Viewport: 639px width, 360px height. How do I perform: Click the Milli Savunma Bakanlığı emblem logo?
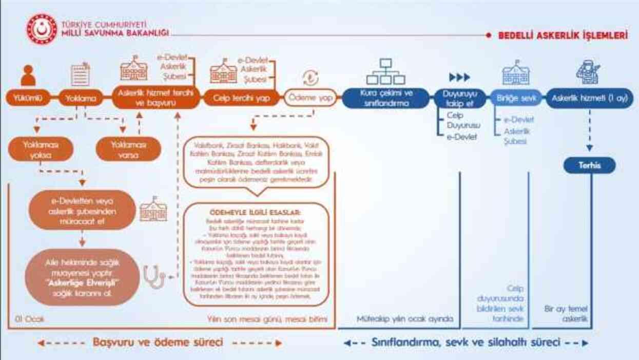point(42,30)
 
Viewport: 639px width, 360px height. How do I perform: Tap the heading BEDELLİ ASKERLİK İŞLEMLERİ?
point(563,36)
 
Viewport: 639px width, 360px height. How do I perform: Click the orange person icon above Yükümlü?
point(28,76)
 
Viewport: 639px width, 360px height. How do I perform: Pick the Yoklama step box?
point(80,98)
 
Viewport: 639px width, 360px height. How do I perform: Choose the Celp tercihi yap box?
point(241,98)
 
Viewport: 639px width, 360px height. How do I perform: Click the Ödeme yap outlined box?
point(310,98)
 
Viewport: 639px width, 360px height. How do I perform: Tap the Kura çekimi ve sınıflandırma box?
point(385,98)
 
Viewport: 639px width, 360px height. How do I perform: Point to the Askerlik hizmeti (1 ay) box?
point(589,98)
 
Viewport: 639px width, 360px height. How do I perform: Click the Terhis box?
point(589,165)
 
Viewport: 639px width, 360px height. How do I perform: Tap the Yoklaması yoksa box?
point(41,149)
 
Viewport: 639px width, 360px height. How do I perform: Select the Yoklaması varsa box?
point(128,149)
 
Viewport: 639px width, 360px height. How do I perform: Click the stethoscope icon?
point(153,277)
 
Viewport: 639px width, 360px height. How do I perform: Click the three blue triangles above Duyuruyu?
point(459,78)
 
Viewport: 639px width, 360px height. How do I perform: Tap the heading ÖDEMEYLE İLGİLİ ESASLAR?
point(256,212)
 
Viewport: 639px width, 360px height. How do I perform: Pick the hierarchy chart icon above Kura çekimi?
point(385,72)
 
